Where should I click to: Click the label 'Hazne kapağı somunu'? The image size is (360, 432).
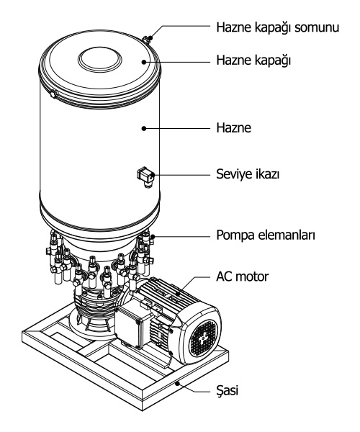point(278,28)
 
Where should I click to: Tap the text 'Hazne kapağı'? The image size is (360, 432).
point(253,60)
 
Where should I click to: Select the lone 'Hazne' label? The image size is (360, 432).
point(233,128)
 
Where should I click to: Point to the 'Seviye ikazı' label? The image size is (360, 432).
point(248,174)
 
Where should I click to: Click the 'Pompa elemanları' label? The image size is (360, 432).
point(266,235)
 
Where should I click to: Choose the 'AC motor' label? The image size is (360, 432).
point(242,276)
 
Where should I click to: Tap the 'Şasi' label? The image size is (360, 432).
point(228,390)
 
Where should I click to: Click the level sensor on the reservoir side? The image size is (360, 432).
point(145,177)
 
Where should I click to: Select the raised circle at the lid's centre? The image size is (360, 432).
point(99,60)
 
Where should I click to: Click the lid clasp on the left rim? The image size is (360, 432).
point(53,94)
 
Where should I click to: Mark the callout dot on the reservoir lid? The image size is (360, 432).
point(144,62)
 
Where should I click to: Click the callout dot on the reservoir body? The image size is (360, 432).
point(144,128)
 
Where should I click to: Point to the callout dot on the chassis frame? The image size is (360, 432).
point(178,383)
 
